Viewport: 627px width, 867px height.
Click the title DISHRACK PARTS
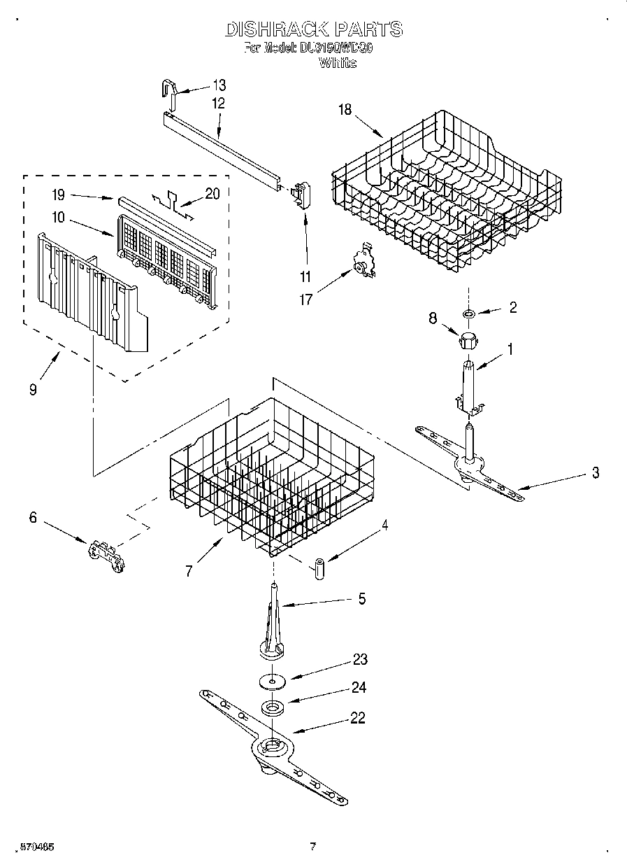[313, 29]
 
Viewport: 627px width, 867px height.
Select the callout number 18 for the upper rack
[345, 109]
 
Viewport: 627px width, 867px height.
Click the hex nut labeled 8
[466, 342]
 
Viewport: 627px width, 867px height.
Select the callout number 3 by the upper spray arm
[595, 473]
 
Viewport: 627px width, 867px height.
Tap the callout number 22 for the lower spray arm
[357, 718]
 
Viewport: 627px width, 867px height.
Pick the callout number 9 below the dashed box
[33, 390]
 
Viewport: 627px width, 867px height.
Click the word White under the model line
[338, 63]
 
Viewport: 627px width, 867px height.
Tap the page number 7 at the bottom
[313, 847]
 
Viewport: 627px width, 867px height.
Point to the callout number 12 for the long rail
[218, 103]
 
